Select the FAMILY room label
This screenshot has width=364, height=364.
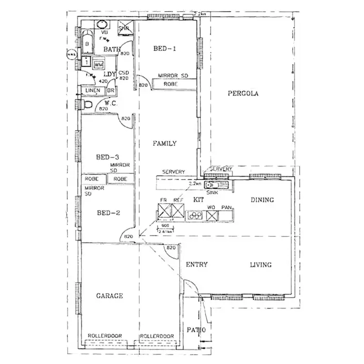[165, 144]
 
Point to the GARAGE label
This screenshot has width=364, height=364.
[109, 296]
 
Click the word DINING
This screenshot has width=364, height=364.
[262, 199]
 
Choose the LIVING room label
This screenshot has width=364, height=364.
[261, 265]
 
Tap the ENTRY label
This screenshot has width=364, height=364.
[197, 265]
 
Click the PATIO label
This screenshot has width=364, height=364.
[197, 331]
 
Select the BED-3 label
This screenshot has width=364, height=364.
[108, 157]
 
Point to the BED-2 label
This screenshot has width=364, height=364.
[108, 213]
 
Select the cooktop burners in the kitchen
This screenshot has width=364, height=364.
[195, 214]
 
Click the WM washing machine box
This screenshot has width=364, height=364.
[99, 65]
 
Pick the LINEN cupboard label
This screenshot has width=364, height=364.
[92, 91]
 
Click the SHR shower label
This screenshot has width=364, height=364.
[125, 28]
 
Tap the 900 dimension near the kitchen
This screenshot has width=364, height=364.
[165, 226]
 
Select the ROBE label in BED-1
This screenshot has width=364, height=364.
[170, 84]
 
